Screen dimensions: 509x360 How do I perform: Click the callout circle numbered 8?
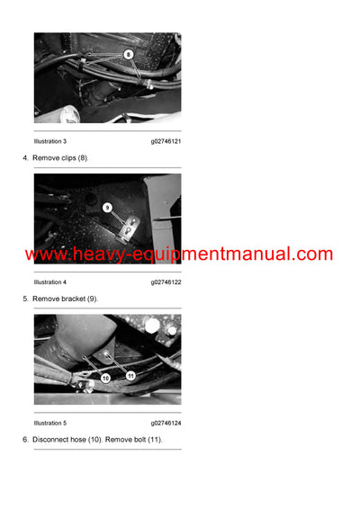coord(128,54)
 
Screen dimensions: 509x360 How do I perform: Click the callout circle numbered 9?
coord(107,207)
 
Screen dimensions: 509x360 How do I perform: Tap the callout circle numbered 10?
coord(105,379)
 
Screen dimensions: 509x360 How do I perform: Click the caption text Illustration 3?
coord(50,141)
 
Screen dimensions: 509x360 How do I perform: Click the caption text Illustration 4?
coord(50,281)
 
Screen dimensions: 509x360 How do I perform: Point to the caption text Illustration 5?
coord(50,423)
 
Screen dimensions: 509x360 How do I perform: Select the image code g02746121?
coord(166,141)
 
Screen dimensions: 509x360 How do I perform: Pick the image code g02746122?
coord(166,281)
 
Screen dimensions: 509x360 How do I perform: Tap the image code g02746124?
coord(166,423)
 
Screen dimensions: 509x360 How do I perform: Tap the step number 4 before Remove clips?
coord(24,157)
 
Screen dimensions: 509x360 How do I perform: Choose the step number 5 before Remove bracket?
coord(24,298)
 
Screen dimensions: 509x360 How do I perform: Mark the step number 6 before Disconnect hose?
coord(24,439)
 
